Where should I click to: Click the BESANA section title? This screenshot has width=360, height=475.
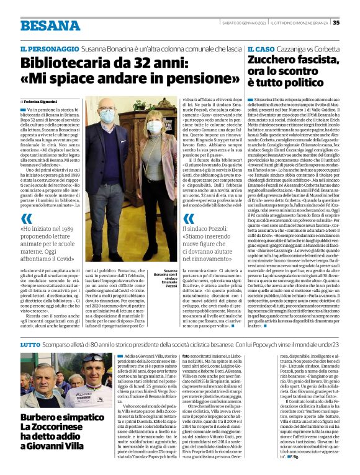tap(50, 25)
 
